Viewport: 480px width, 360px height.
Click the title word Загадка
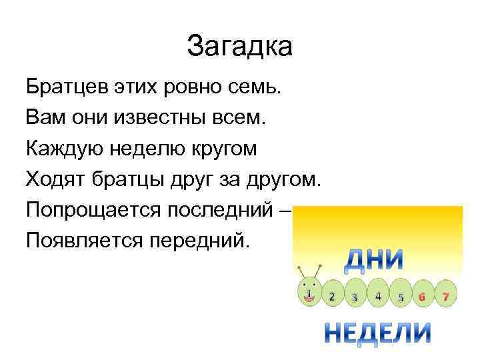240,45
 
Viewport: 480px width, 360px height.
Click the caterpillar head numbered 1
309,293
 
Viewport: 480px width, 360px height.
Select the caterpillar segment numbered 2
332,296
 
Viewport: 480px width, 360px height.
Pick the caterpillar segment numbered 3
355,296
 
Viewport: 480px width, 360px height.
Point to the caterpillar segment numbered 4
378,295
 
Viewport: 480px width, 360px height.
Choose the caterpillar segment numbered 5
401,296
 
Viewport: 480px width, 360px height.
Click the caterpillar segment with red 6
423,295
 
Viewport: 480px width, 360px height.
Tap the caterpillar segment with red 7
444,295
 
